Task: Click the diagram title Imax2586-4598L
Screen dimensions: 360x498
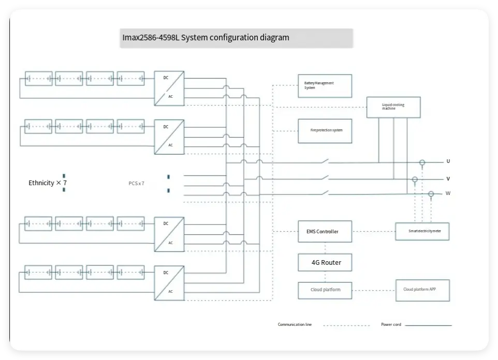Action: [206, 38]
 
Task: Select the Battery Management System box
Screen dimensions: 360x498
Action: [325, 86]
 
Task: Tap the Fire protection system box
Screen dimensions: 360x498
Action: [325, 130]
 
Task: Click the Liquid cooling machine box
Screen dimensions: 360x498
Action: [393, 107]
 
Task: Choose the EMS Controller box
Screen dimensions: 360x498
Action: [325, 232]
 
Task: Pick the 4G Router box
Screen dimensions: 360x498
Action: [326, 262]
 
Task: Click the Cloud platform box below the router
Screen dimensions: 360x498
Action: [325, 290]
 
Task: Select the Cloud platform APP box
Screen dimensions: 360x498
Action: [422, 290]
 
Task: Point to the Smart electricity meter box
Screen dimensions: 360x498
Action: [422, 231]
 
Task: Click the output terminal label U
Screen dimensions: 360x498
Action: [448, 161]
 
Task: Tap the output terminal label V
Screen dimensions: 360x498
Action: [448, 179]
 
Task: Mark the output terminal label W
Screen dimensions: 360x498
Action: [448, 193]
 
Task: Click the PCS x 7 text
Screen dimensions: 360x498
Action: [137, 184]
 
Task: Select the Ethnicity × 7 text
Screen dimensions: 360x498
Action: [48, 183]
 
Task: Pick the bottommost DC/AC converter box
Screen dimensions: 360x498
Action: [169, 283]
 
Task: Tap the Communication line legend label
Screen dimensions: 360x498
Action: [295, 325]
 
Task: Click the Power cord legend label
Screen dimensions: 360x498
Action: [391, 325]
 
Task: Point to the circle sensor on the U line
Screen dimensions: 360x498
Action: [422, 162]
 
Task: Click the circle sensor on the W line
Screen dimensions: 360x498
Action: [431, 194]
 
